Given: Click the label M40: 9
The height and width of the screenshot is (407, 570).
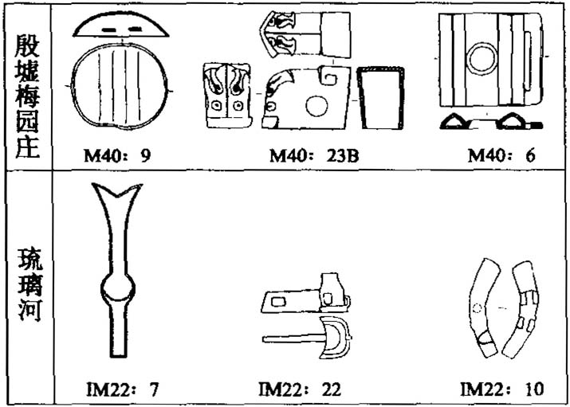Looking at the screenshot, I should (x=118, y=156).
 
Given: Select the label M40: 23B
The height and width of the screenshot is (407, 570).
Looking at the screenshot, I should (x=313, y=156).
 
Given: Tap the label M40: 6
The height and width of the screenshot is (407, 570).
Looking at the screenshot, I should (x=501, y=156).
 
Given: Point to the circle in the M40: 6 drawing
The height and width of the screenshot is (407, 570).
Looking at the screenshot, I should (x=483, y=60).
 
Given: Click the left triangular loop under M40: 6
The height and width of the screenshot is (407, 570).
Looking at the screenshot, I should (x=460, y=123).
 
